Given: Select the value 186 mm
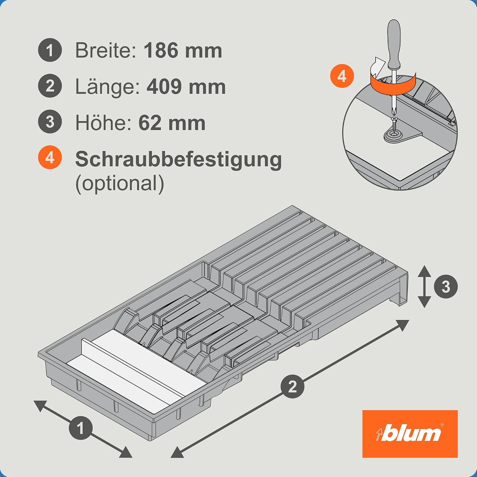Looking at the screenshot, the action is click(x=183, y=50).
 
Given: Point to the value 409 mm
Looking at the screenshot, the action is click(x=186, y=86).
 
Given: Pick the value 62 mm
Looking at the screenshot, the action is click(x=172, y=123).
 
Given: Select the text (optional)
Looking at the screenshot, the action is click(x=120, y=183).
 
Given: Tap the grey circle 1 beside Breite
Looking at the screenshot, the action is click(x=50, y=50).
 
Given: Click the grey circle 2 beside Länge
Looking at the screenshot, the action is click(x=50, y=86).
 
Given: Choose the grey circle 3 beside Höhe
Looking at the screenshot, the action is click(x=50, y=122).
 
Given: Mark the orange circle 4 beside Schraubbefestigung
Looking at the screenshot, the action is click(x=50, y=157).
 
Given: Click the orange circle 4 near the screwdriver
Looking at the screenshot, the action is click(x=342, y=76).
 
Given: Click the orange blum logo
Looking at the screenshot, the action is click(x=410, y=434).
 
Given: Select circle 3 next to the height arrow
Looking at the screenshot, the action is click(x=446, y=287).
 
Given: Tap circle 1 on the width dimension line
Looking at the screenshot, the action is click(x=81, y=428).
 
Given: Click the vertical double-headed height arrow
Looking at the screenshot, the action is click(x=424, y=287).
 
